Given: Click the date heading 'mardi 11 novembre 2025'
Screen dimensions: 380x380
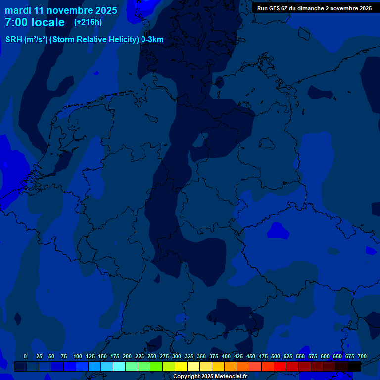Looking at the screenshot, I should pyautogui.click(x=61, y=10).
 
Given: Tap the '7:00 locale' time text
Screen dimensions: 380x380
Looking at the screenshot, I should pyautogui.click(x=35, y=22).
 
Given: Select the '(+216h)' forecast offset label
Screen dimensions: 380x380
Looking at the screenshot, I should pyautogui.click(x=88, y=22).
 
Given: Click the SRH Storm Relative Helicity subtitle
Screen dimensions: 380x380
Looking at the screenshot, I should pyautogui.click(x=85, y=40).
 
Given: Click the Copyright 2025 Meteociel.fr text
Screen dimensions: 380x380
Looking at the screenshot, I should pyautogui.click(x=210, y=376).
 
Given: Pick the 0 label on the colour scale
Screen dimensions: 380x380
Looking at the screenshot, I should pyautogui.click(x=25, y=356).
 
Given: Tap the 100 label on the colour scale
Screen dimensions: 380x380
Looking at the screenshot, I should pyautogui.click(x=78, y=356).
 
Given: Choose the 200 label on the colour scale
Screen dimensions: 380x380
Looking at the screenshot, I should pyautogui.click(x=127, y=356).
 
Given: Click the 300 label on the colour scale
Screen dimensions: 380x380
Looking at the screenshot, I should pyautogui.click(x=177, y=356).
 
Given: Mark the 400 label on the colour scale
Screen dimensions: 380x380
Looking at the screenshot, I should pyautogui.click(x=226, y=356).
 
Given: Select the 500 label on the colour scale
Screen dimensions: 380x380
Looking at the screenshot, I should pyautogui.click(x=276, y=356).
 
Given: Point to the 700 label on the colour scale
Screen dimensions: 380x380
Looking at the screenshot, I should pyautogui.click(x=362, y=356).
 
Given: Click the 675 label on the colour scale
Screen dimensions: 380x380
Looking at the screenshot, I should pyautogui.click(x=350, y=356).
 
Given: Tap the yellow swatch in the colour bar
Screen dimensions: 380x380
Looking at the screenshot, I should pyautogui.click(x=181, y=366).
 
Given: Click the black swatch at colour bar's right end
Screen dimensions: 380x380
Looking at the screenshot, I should pyautogui.click(x=354, y=366).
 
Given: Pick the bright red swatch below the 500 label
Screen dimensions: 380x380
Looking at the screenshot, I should pyautogui.click(x=280, y=366).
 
